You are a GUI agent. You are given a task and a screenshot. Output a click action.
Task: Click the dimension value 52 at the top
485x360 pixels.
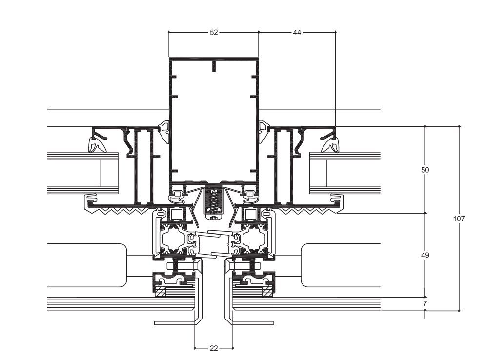click(x=214, y=32)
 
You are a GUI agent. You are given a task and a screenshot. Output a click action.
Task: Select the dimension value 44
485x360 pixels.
click(x=297, y=32)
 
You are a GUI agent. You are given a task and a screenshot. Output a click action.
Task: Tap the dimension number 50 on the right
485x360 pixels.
click(x=425, y=170)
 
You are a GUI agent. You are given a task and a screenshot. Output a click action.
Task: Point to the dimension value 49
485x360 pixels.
click(x=425, y=255)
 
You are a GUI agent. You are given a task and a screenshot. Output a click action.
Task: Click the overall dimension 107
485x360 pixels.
click(x=459, y=219)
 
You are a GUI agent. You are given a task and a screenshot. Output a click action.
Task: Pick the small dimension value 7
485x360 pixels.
click(x=425, y=304)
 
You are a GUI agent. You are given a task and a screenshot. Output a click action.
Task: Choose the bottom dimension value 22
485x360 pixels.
click(x=214, y=348)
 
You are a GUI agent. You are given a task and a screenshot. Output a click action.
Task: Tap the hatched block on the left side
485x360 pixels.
click(x=160, y=292)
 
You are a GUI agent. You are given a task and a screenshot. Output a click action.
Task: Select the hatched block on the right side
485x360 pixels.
click(x=267, y=292)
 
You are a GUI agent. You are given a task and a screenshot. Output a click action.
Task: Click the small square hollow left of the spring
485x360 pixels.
click(x=175, y=214)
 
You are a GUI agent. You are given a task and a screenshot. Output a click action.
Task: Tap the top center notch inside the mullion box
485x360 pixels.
click(x=213, y=66)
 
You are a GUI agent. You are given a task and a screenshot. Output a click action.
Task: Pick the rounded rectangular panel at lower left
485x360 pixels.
click(x=88, y=265)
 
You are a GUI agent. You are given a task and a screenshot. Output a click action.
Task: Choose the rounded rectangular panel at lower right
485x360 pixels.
click(x=339, y=265)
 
